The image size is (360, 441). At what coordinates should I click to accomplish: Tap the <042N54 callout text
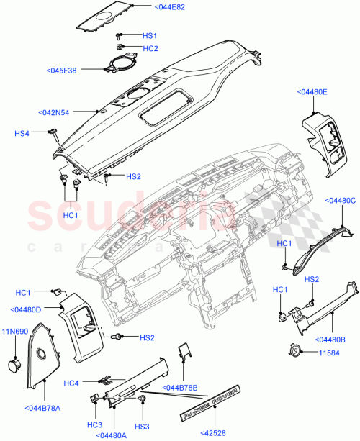coord(55,112)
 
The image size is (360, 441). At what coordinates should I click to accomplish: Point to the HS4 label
coord(23,132)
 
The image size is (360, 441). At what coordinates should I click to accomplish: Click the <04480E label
coord(311,92)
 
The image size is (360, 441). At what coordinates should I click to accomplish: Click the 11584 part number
coord(330,352)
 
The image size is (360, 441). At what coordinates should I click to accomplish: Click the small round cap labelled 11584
coord(294,352)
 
